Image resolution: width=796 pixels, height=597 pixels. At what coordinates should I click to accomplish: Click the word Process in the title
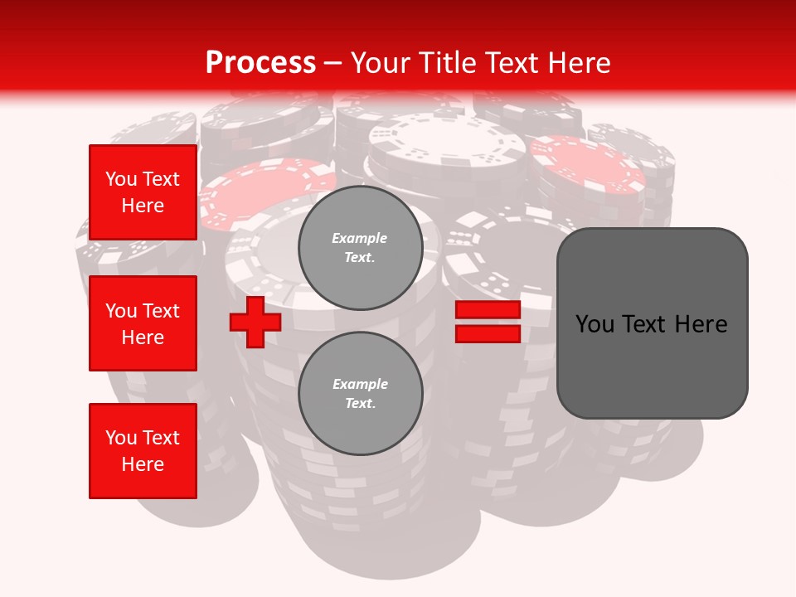click(x=260, y=62)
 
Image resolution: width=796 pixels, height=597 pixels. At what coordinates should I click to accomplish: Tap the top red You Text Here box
click(x=143, y=192)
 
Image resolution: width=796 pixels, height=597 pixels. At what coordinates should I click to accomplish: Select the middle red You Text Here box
click(x=143, y=323)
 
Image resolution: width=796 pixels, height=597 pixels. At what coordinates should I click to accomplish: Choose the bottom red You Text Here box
click(x=143, y=451)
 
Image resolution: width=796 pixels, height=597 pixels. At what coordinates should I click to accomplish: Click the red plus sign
click(x=255, y=322)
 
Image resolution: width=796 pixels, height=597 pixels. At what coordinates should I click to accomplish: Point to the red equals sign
click(x=488, y=322)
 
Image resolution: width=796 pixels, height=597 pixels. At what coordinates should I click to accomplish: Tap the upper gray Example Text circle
click(x=361, y=248)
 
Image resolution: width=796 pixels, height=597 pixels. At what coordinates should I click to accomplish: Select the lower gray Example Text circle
click(x=361, y=394)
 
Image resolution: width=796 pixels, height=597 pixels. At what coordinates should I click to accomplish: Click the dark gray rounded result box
click(x=652, y=323)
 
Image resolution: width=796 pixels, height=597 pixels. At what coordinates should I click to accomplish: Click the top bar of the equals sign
click(x=488, y=310)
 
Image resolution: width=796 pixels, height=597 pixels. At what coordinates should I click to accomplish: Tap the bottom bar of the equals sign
click(x=488, y=333)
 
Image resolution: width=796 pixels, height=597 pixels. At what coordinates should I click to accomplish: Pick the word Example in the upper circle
click(x=360, y=239)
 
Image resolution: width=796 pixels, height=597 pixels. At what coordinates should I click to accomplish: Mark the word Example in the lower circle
click(x=360, y=385)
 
